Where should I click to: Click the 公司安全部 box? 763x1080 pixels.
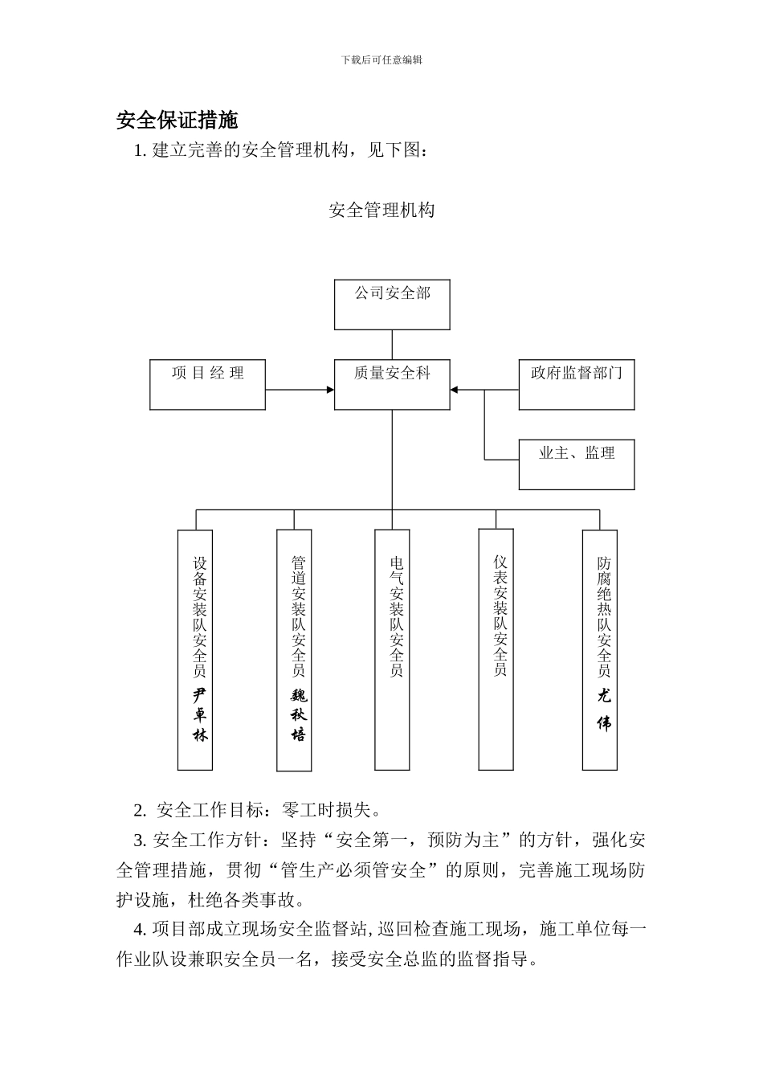coord(392,305)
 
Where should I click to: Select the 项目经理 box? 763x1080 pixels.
coord(207,384)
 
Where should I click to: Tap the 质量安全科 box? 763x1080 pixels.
coord(392,384)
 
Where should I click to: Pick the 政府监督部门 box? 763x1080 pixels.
coord(576,384)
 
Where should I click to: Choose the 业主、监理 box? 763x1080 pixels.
coord(576,464)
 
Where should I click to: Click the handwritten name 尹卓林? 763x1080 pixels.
coord(199,714)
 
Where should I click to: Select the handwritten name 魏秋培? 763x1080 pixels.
coord(298,714)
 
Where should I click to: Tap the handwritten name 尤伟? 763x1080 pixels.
coord(604,710)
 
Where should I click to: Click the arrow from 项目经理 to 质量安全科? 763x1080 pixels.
coord(300,390)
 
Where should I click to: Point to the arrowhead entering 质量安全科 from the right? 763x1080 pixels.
coord(455,390)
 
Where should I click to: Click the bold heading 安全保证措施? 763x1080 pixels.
coord(177,121)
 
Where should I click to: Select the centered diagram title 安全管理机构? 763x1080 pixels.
coord(381,211)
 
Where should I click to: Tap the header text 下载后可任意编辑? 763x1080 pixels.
coord(381,59)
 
